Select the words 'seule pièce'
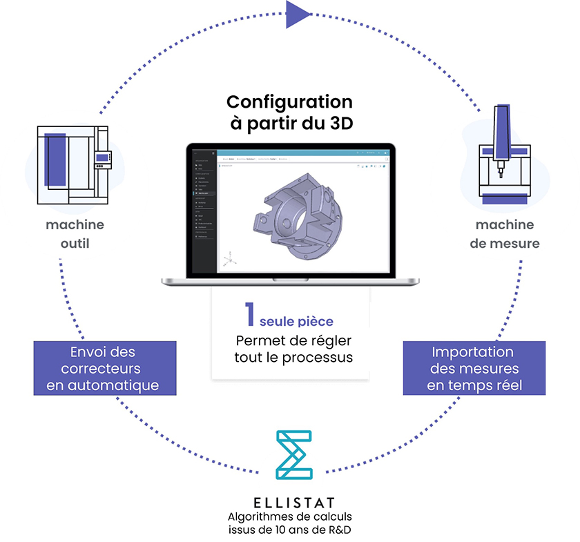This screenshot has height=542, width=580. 296,322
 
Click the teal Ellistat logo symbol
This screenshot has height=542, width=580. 293,455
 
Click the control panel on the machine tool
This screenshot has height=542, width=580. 103,159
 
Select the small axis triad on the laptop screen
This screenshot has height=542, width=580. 230,260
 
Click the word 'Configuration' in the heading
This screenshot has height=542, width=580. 289,102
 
